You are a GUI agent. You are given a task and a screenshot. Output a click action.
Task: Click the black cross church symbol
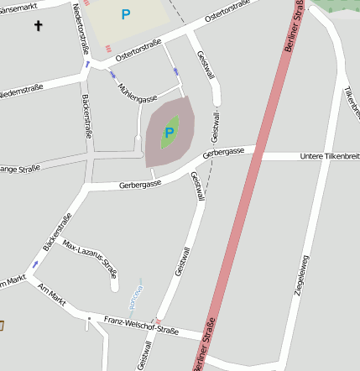[38, 27]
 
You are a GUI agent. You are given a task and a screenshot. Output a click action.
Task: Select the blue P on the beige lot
[126, 14]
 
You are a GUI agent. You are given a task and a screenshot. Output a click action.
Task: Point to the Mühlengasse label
[138, 93]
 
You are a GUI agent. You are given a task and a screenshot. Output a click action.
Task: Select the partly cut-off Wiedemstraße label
[21, 89]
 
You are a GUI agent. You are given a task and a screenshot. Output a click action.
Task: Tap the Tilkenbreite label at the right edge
[352, 100]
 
